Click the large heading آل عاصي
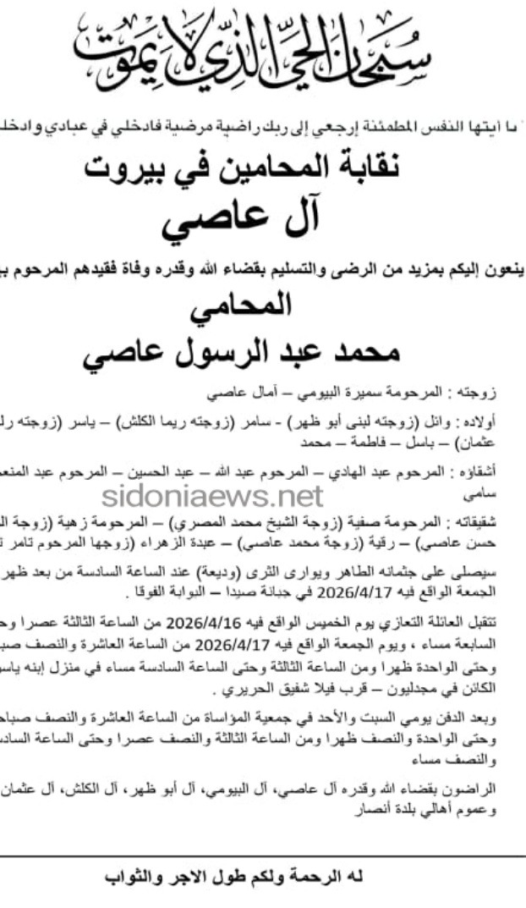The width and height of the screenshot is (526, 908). click(253, 217)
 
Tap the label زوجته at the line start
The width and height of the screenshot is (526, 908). click(505, 394)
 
